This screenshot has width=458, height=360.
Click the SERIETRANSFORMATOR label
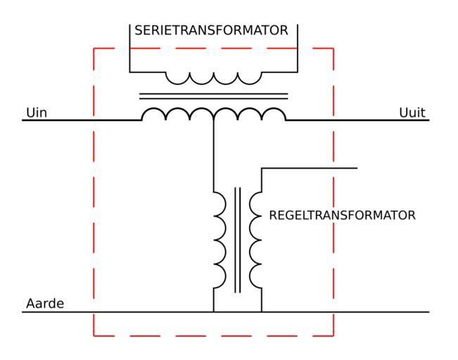tap(211, 31)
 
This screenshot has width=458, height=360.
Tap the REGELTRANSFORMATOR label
tap(342, 215)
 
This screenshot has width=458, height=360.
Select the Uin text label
tap(37, 112)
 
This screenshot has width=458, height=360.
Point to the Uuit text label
tap(412, 112)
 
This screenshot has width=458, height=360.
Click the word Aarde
tap(45, 304)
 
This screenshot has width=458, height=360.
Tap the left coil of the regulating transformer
tap(220, 240)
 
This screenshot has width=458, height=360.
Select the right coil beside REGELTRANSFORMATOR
tap(255, 240)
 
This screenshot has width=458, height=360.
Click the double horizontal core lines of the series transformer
tap(213, 96)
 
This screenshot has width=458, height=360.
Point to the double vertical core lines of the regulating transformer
tap(237, 240)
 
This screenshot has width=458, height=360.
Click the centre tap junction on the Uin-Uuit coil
tap(213, 120)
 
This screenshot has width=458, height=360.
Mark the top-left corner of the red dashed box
tap(94, 49)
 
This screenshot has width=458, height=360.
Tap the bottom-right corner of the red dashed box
tap(333, 335)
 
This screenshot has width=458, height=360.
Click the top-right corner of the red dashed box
tap(333, 49)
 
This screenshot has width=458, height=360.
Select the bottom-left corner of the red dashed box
tap(94, 335)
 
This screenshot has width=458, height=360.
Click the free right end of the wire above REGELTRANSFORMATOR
tap(357, 168)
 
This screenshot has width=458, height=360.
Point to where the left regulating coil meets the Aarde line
tap(213, 311)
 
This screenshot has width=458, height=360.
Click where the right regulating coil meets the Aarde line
tap(262, 311)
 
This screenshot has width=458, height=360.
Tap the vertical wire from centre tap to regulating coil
tap(213, 155)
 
